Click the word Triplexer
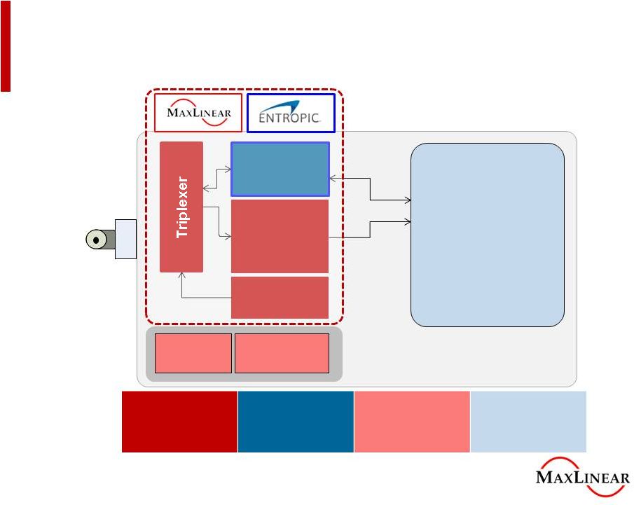(182, 207)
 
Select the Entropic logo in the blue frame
(291, 113)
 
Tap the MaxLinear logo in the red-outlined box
(198, 113)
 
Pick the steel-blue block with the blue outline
(280, 169)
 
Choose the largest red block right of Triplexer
(280, 236)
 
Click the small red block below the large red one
(280, 297)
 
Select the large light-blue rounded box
(487, 235)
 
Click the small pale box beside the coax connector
(125, 239)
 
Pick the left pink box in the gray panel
(193, 353)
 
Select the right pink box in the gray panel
(282, 353)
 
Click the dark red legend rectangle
(179, 422)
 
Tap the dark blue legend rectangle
(296, 422)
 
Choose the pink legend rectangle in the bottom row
(412, 422)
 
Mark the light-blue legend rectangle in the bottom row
(528, 422)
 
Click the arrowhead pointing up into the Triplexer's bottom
(182, 276)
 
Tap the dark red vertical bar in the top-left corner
(6, 46)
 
